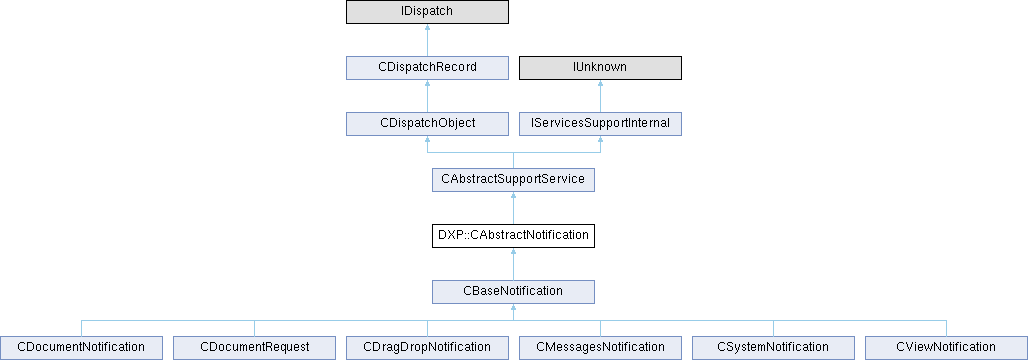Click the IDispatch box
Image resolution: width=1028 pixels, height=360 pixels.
point(427,12)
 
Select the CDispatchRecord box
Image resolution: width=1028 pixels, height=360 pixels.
point(427,68)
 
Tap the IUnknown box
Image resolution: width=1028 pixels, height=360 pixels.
point(601,68)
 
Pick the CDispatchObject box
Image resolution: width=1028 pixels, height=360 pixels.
point(427,124)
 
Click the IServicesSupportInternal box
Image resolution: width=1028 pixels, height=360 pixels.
point(601,124)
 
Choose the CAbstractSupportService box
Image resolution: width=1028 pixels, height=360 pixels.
point(513,180)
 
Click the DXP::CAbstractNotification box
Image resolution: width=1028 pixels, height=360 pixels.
point(513,235)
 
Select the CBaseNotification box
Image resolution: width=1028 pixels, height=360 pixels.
point(513,291)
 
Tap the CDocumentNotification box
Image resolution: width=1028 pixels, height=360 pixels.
point(81,347)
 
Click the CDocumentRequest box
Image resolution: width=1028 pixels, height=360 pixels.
point(254,347)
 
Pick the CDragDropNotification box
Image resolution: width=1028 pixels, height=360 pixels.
point(427,347)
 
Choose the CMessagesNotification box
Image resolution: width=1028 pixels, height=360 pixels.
point(601,347)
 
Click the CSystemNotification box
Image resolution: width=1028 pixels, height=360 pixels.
point(774,347)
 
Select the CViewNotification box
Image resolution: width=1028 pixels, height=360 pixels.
point(947,347)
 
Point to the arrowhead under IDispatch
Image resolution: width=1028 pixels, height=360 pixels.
point(427,28)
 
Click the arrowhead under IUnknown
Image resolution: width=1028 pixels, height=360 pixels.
point(601,84)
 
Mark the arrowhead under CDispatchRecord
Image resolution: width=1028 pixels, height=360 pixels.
point(427,84)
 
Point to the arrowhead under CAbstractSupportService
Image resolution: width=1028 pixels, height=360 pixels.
point(513,195)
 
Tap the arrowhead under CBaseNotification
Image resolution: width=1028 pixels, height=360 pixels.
point(513,307)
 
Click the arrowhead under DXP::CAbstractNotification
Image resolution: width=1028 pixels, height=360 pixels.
point(513,251)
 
